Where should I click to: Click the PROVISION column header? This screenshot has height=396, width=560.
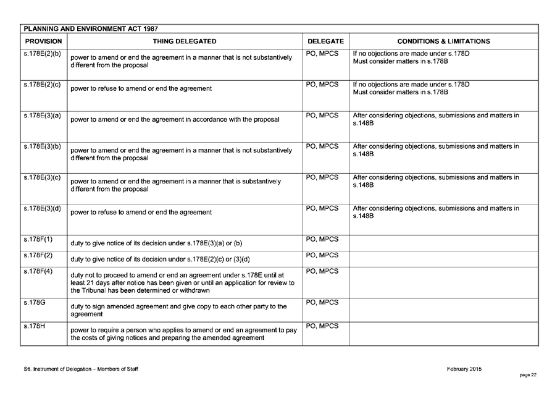(x=43, y=41)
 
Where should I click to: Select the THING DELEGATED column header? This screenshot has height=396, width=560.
(x=184, y=41)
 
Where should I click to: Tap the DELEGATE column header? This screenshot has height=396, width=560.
(x=325, y=41)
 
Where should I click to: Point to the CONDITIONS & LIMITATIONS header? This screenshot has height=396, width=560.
(x=443, y=41)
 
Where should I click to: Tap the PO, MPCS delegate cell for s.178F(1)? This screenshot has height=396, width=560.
(x=322, y=239)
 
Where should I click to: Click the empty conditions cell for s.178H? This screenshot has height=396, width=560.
(x=443, y=334)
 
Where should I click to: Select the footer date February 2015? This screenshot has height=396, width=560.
(x=464, y=369)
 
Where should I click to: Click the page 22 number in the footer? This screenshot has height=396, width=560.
(x=529, y=374)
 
